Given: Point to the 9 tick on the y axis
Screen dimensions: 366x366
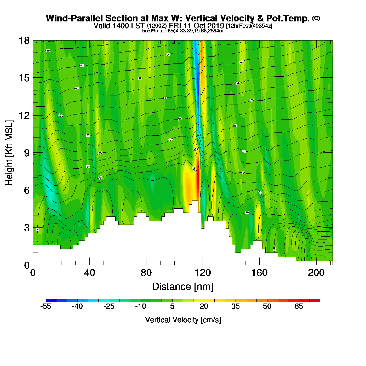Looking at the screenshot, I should pyautogui.click(x=26, y=153).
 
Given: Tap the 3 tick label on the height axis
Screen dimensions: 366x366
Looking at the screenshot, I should pyautogui.click(x=27, y=228).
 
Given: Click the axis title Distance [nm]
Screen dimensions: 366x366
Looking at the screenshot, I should pyautogui.click(x=183, y=287).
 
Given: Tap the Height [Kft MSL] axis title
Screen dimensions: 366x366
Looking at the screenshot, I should pyautogui.click(x=9, y=153).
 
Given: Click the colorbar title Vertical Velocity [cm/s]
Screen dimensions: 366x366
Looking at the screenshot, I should pyautogui.click(x=183, y=320).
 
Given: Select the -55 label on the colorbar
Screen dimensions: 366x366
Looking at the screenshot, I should pyautogui.click(x=46, y=306).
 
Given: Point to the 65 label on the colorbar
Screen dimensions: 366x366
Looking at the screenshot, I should pyautogui.click(x=299, y=306).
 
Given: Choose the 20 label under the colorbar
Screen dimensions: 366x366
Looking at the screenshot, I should pyautogui.click(x=204, y=306).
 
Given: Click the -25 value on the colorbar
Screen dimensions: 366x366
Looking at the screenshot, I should pyautogui.click(x=109, y=306).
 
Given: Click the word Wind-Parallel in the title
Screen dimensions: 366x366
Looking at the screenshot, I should pyautogui.click(x=75, y=18).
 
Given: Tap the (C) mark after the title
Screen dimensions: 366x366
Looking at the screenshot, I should pyautogui.click(x=316, y=18).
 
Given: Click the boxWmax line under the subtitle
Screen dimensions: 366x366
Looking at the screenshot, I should pyautogui.click(x=183, y=31).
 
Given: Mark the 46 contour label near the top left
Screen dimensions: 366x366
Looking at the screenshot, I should pyautogui.click(x=48, y=50).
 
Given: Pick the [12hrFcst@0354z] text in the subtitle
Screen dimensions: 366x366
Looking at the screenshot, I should pyautogui.click(x=249, y=26).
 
